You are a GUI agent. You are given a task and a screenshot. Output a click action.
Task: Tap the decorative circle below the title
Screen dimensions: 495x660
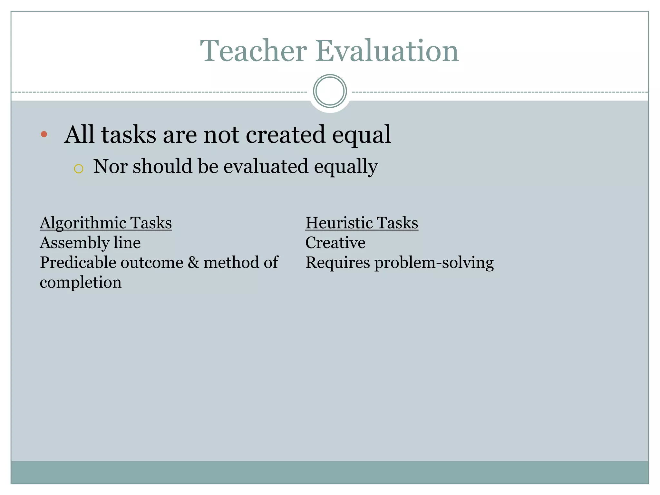tap(330, 91)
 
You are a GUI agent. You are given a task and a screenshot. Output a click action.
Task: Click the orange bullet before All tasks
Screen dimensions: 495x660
tap(44, 134)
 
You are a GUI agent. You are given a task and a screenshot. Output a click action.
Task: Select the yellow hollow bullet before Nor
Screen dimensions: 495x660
tap(79, 169)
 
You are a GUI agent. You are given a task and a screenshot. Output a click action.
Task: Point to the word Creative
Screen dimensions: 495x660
tap(335, 243)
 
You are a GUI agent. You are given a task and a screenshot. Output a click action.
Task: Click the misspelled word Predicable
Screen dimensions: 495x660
tap(78, 262)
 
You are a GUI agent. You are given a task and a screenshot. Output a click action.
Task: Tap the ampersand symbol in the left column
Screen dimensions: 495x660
tap(193, 262)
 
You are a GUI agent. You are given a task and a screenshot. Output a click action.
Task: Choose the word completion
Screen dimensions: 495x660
tap(81, 283)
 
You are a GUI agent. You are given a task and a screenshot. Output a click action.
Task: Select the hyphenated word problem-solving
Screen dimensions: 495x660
tap(434, 263)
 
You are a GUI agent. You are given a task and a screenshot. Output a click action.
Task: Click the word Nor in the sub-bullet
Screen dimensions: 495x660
tap(110, 166)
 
